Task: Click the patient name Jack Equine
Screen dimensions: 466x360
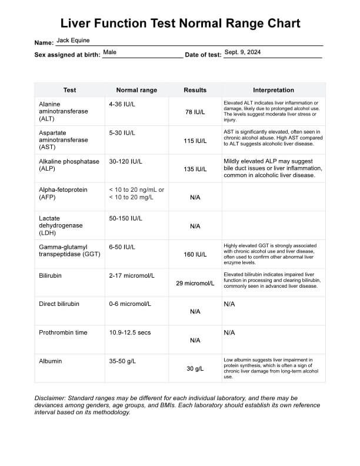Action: (x=73, y=41)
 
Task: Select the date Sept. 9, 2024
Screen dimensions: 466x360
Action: (x=242, y=52)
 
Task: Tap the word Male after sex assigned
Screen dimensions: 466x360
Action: (x=109, y=52)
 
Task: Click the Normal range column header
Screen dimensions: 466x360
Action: (x=136, y=90)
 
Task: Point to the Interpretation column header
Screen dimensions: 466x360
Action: (x=274, y=90)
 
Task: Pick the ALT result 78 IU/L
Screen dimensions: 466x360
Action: (x=195, y=112)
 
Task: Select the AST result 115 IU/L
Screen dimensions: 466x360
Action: (x=195, y=141)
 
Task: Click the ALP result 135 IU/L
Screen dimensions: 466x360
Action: (x=195, y=169)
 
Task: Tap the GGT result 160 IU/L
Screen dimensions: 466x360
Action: (x=195, y=255)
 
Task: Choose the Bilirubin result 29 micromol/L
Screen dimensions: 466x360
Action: (x=195, y=283)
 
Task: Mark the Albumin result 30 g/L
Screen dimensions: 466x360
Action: (x=195, y=369)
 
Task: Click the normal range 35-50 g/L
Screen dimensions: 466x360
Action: (x=122, y=361)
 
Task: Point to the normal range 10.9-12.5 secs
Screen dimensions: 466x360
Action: (x=130, y=332)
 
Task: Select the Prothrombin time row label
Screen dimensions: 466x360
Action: (x=63, y=332)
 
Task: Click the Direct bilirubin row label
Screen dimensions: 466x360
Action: (x=59, y=304)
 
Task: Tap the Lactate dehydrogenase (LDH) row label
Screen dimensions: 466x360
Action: (x=61, y=225)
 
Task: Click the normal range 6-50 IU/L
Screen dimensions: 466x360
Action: (x=122, y=247)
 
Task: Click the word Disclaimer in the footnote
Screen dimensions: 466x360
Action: (x=52, y=398)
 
